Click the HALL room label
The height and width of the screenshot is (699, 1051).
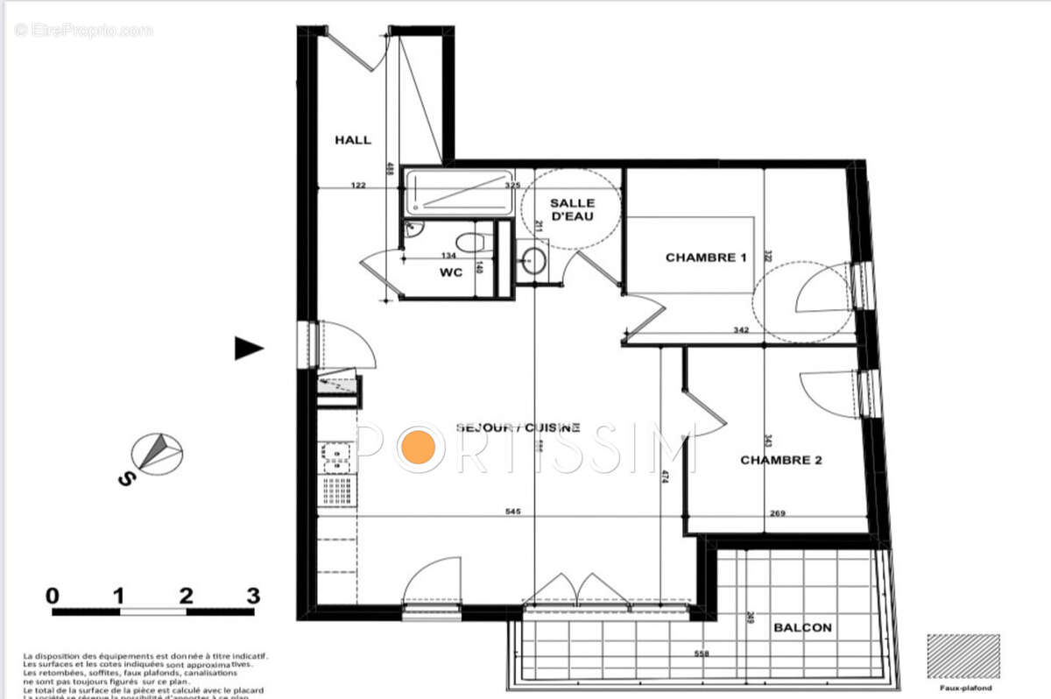(x=353, y=139)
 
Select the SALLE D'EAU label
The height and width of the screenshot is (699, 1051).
(x=571, y=210)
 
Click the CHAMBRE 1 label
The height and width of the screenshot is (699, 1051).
(x=705, y=258)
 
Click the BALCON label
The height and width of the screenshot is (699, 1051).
(x=802, y=627)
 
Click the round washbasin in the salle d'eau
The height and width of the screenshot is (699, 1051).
(x=532, y=260)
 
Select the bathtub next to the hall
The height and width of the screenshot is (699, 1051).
(x=457, y=191)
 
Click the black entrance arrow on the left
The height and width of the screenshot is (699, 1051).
(x=248, y=349)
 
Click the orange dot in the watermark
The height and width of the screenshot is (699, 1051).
(x=418, y=448)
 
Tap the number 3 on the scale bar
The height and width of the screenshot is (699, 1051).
(x=253, y=597)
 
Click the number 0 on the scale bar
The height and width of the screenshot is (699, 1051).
(x=53, y=597)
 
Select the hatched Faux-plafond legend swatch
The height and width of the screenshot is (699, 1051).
(x=963, y=656)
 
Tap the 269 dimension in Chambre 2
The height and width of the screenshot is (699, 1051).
(x=777, y=513)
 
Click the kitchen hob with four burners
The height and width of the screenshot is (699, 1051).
(x=336, y=455)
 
